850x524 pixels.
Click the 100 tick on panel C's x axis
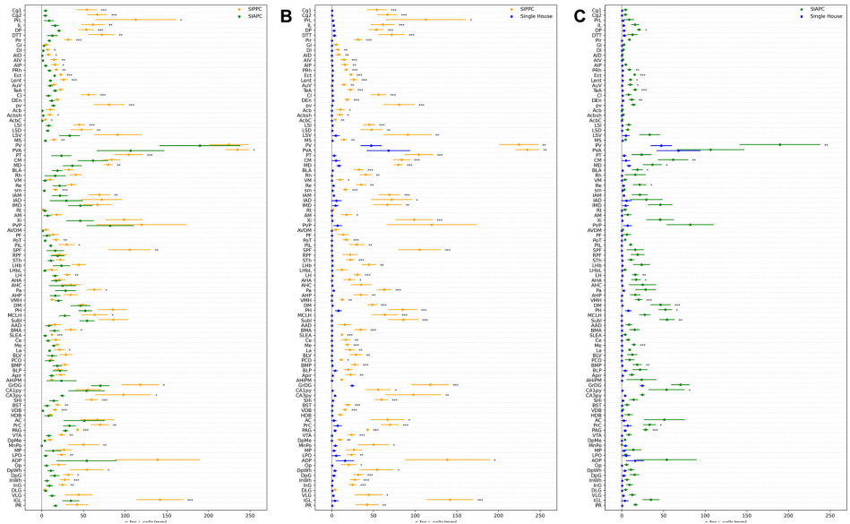[705, 514]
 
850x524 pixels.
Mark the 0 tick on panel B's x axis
[331, 514]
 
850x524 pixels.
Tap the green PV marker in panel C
[778, 144]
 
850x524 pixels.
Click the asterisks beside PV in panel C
[826, 144]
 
